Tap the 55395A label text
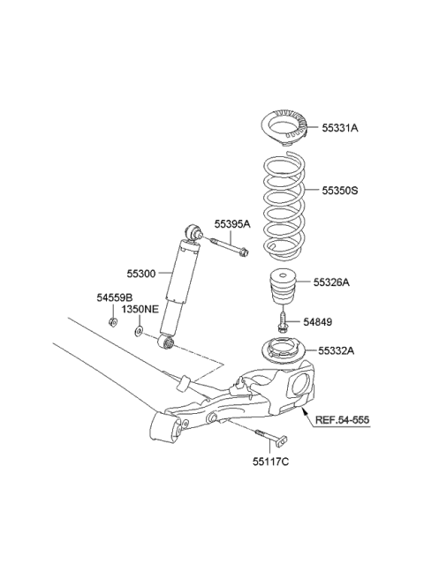[232, 224]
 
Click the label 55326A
[333, 282]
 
